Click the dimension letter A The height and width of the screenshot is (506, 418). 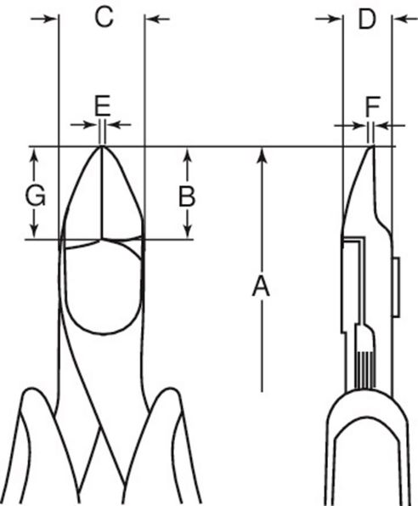261,287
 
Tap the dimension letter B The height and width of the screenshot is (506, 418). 186,196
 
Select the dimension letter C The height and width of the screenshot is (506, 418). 103,18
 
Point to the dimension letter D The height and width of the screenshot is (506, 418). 366,18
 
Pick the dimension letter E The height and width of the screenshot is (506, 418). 102,105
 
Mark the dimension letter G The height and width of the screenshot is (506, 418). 35,196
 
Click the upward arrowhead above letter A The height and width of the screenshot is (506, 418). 263,154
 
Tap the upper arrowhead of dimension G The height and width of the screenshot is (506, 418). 35,155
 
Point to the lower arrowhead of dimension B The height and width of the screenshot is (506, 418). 187,231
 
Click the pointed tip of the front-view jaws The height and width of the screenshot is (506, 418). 102,147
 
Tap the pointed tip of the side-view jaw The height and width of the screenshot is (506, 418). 372,148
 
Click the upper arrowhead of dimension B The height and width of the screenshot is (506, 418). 187,155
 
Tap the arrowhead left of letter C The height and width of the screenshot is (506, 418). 48,18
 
